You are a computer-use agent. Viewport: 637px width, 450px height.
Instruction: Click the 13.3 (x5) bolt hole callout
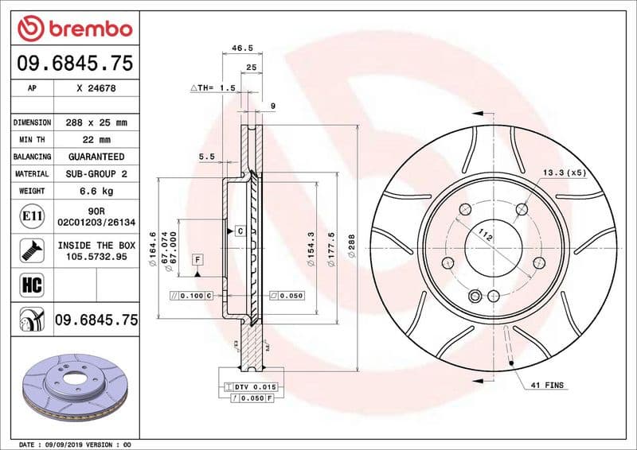coord(564,173)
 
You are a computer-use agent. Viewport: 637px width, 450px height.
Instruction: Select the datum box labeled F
coord(196,259)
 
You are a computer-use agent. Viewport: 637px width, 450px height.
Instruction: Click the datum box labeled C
coord(239,231)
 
